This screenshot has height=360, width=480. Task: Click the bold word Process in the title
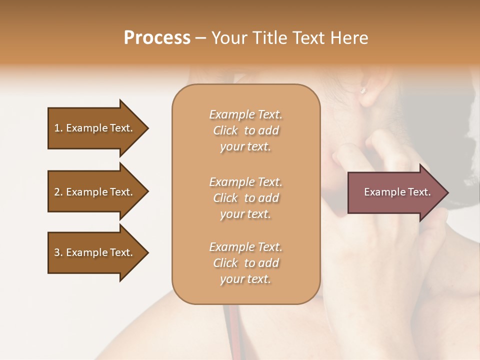click(157, 37)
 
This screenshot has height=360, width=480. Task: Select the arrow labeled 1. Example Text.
click(95, 128)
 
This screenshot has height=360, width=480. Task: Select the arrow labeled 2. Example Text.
click(95, 192)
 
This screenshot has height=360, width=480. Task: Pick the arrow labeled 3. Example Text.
click(95, 252)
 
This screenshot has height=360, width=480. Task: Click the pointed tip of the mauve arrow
click(446, 192)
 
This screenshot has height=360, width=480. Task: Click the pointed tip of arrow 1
click(146, 128)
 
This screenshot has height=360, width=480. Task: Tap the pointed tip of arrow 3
click(146, 252)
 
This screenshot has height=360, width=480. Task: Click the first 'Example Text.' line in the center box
click(245, 114)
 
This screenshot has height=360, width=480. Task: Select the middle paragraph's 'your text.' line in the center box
click(245, 214)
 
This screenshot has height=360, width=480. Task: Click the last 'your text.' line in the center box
click(245, 279)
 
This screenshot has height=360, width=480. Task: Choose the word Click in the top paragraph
click(225, 130)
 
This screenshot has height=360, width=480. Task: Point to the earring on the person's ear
click(363, 90)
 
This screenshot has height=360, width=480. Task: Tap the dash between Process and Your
click(201, 38)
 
